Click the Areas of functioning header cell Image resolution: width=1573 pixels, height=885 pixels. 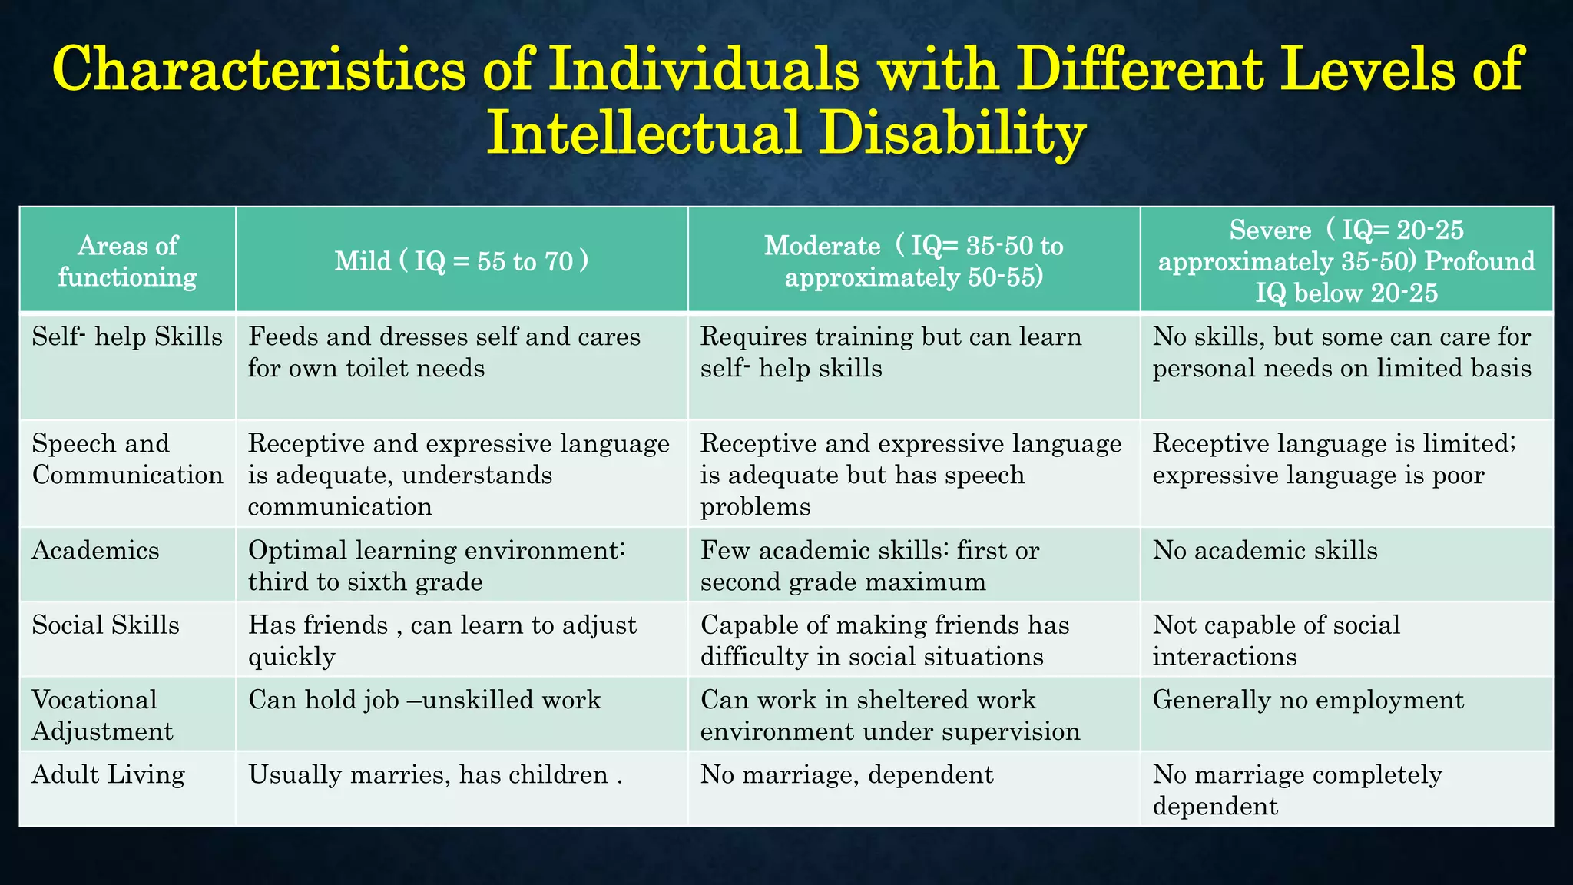(x=127, y=261)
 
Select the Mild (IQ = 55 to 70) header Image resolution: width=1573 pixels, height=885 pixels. (x=461, y=261)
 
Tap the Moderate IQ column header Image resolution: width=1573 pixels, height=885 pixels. (x=913, y=261)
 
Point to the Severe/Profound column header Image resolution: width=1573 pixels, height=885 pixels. (x=1346, y=261)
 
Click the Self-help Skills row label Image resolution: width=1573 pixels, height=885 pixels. (x=127, y=337)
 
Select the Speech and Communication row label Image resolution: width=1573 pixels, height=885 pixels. (x=127, y=459)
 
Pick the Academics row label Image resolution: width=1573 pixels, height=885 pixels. (x=96, y=551)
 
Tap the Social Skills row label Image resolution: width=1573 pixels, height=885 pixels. (x=106, y=625)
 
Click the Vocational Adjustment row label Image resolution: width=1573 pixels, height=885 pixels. (x=102, y=715)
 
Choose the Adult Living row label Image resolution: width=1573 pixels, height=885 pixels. (x=108, y=774)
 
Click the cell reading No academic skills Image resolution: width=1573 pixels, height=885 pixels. (x=1265, y=551)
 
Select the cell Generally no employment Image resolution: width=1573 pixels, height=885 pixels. (x=1308, y=700)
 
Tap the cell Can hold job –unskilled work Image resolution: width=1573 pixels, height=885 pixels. (x=425, y=700)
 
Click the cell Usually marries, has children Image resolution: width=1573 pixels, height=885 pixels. (x=435, y=774)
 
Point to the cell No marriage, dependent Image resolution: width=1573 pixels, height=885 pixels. (x=846, y=774)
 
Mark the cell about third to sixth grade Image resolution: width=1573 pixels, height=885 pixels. (x=436, y=566)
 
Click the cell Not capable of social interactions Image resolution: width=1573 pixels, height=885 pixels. (x=1276, y=641)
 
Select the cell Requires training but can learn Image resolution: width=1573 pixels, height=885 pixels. (x=891, y=353)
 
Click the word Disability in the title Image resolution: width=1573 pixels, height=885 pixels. (x=951, y=132)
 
